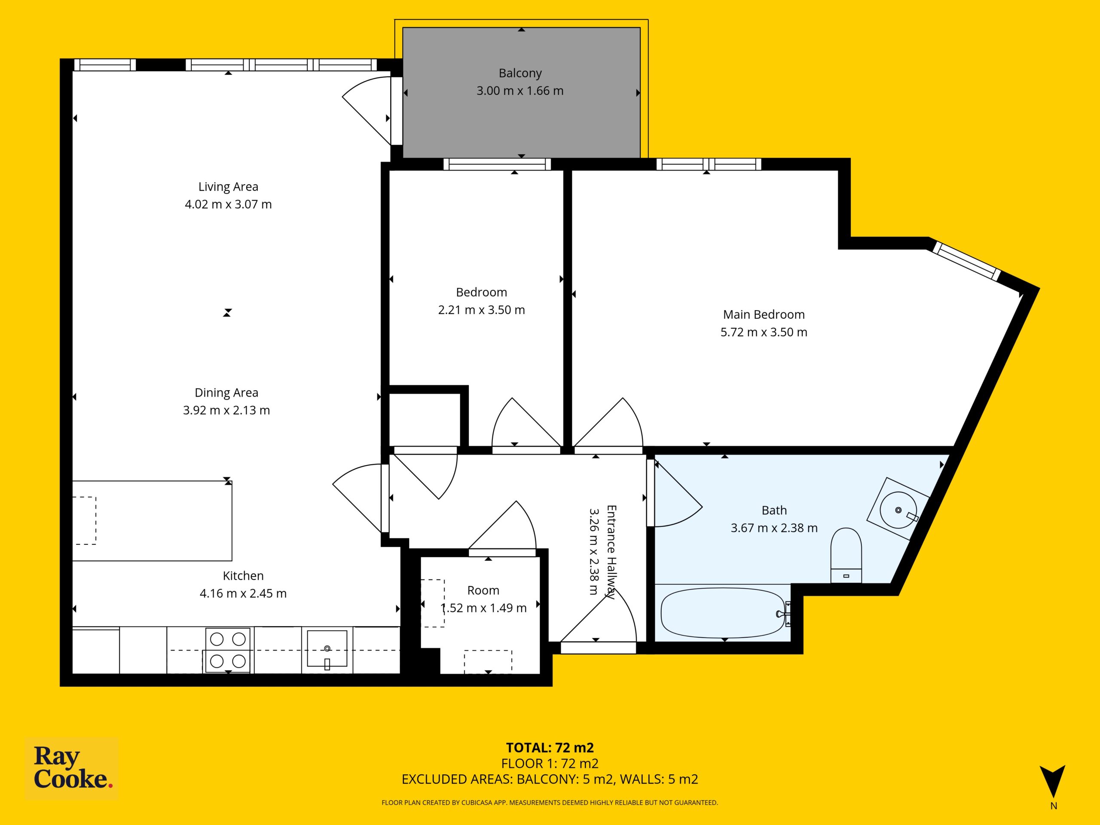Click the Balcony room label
[520, 73]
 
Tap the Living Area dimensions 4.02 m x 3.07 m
[228, 205]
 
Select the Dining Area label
[226, 393]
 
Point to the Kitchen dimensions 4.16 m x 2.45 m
[243, 593]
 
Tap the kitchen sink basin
[327, 648]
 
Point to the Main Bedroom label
[764, 315]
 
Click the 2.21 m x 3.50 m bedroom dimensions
[481, 310]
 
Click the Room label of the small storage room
[483, 590]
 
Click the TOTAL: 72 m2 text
[550, 747]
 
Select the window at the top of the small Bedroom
[497, 164]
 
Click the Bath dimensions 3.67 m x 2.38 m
[774, 528]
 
